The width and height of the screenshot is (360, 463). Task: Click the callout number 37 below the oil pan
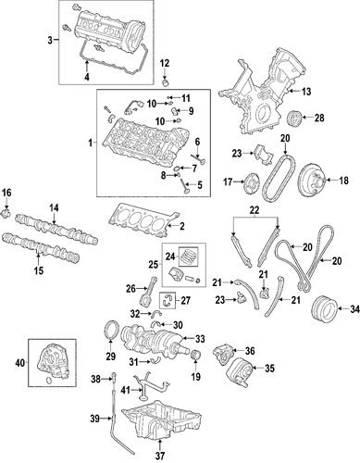click(160, 455)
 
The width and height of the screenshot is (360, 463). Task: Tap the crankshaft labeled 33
click(155, 341)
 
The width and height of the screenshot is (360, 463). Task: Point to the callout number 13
click(306, 92)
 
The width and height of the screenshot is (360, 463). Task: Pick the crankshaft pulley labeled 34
click(324, 307)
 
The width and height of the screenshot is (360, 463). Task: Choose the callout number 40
click(20, 364)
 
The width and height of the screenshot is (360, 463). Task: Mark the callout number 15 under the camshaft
click(39, 270)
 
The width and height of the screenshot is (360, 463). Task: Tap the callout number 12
click(165, 64)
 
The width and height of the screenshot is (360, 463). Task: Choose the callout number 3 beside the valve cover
click(50, 40)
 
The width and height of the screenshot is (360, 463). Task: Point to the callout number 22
click(254, 210)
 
